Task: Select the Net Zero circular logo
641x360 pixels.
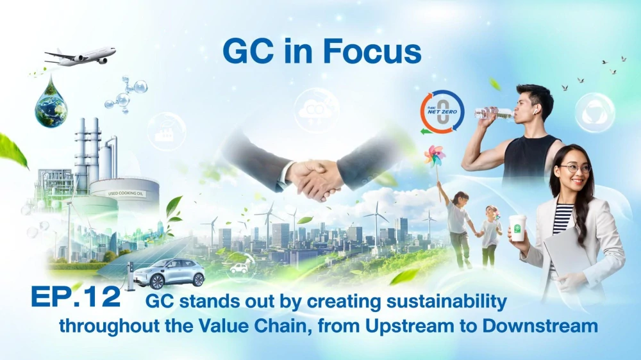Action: pos(442,112)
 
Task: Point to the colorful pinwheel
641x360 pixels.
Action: pos(435,156)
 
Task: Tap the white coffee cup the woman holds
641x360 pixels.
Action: pos(517,228)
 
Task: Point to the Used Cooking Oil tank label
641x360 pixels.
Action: pos(126,193)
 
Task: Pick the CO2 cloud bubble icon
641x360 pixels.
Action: pos(317,110)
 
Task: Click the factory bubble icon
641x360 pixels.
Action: pos(167,131)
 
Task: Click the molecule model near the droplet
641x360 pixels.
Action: pos(126,95)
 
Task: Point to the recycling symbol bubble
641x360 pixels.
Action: pos(595,113)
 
